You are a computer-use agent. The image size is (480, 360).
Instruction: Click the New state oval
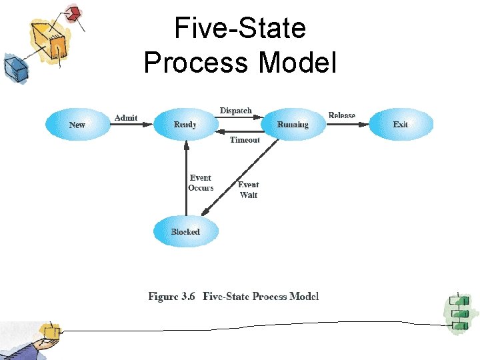(77, 125)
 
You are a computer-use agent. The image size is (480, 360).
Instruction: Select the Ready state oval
(185, 125)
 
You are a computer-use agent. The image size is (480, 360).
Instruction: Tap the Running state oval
(293, 125)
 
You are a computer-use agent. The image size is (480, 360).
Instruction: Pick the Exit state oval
(401, 125)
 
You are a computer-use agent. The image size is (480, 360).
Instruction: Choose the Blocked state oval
(185, 232)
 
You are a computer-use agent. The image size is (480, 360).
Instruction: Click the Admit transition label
(126, 118)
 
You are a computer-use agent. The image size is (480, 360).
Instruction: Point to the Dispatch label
(236, 111)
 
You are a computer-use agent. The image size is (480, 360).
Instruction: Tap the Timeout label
(245, 140)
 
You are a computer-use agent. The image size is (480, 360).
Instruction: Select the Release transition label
(342, 115)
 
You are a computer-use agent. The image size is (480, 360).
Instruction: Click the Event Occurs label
(201, 183)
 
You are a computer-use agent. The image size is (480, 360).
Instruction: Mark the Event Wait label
(248, 189)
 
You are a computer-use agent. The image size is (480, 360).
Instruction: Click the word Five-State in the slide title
(240, 29)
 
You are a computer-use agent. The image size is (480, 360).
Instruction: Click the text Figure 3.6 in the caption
(171, 297)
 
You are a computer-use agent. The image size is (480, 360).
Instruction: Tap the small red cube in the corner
(73, 13)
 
